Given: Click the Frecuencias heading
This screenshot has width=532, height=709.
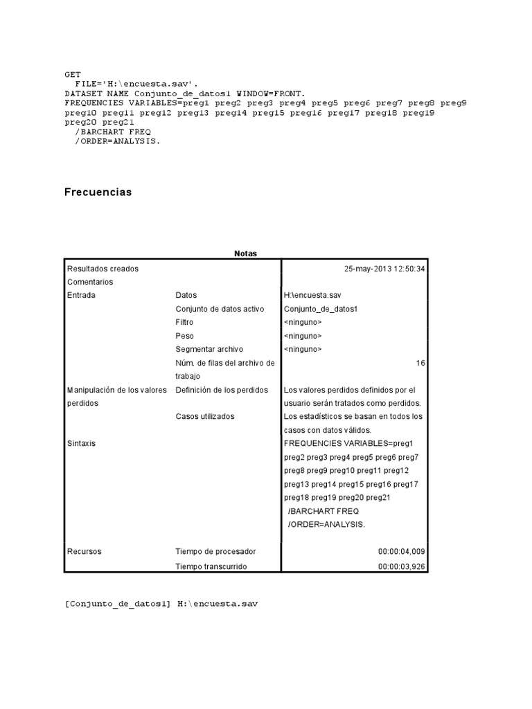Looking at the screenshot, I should click(98, 192).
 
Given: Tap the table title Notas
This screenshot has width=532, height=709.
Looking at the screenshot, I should click(245, 253).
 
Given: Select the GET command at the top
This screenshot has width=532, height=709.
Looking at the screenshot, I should click(73, 74).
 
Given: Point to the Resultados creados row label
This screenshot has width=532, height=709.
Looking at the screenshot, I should click(103, 269).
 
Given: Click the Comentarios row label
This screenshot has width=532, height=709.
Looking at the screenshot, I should click(90, 282).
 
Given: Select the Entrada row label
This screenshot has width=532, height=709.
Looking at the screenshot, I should click(81, 295).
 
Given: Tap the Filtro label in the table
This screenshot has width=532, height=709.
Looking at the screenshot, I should click(184, 322).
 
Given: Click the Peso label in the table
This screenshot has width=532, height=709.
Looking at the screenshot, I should click(185, 336).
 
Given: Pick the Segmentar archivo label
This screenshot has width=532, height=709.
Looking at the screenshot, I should click(209, 349).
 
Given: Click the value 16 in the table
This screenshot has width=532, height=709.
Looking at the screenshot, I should click(420, 363).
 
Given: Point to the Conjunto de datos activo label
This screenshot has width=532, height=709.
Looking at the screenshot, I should click(220, 309).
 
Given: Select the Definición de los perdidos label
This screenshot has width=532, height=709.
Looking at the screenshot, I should click(222, 390).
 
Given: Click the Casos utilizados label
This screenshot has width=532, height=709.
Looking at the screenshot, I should click(205, 417).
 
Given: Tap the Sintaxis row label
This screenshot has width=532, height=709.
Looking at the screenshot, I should click(82, 444).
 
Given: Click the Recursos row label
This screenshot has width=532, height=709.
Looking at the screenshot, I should click(84, 552).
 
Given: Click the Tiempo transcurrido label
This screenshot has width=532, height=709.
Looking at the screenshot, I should click(211, 566).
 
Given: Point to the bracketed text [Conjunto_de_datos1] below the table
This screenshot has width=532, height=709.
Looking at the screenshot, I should click(118, 604).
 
